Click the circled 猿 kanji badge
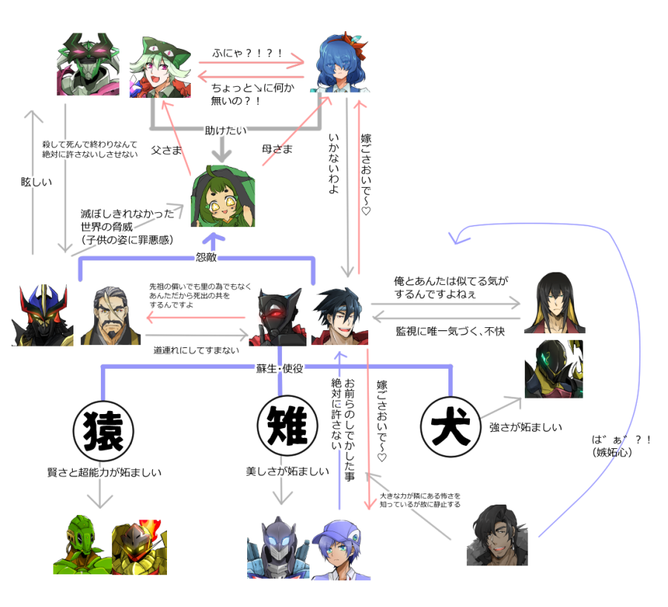click(103, 430)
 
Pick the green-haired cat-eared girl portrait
click(160, 66)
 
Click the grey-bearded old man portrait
click(110, 315)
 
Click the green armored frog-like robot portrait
click(82, 548)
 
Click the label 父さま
click(166, 149)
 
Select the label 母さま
click(278, 149)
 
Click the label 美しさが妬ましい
click(287, 472)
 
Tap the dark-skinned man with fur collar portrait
click(497, 535)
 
